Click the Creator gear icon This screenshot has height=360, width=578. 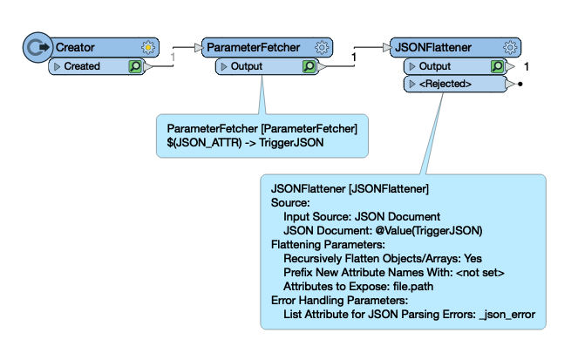point(148,48)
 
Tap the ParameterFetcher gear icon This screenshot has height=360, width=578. point(322,48)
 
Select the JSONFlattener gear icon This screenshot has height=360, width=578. point(510,48)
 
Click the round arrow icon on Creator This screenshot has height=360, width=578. point(37,48)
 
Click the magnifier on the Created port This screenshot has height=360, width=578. point(135,66)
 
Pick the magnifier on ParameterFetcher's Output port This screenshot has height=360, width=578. point(309,66)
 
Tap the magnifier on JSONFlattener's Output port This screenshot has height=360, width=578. point(498,66)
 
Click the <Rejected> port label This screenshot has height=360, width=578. point(445,84)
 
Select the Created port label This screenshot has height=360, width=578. point(82,66)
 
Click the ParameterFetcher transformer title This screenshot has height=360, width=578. point(253,48)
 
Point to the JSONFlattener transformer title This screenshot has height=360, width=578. point(433,48)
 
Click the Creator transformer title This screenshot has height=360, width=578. point(75,48)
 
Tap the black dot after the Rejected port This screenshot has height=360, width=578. point(520,84)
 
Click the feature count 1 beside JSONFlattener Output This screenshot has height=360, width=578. point(527,67)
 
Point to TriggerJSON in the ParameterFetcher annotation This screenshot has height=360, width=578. point(291,143)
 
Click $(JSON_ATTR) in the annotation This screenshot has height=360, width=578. point(204,143)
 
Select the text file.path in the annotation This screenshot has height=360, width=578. point(413,286)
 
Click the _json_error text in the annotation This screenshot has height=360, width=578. point(507,315)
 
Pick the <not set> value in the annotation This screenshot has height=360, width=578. point(480,273)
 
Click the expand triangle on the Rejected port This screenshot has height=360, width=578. point(412,84)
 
